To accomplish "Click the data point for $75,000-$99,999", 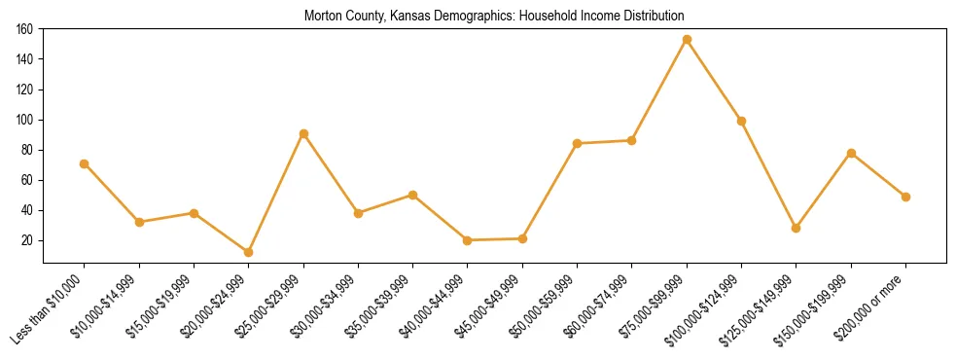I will click(x=687, y=40).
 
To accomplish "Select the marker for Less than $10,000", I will click(x=85, y=163).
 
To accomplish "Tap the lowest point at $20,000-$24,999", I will click(x=249, y=252).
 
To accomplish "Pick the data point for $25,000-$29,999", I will click(x=303, y=133).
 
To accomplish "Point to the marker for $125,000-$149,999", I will click(x=797, y=228).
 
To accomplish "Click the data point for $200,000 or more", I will click(x=905, y=197).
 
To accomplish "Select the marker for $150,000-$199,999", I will click(x=851, y=153).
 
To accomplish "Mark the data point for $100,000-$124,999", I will click(x=741, y=121).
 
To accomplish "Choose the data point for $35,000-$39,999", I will click(x=412, y=195).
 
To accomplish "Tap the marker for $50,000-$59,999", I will click(x=577, y=143).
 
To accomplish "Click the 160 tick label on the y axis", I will click(x=25, y=29).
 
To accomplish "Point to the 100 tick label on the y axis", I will click(x=25, y=120).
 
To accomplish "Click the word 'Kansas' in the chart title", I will click(x=386, y=16).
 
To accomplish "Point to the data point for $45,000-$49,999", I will click(x=522, y=238).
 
